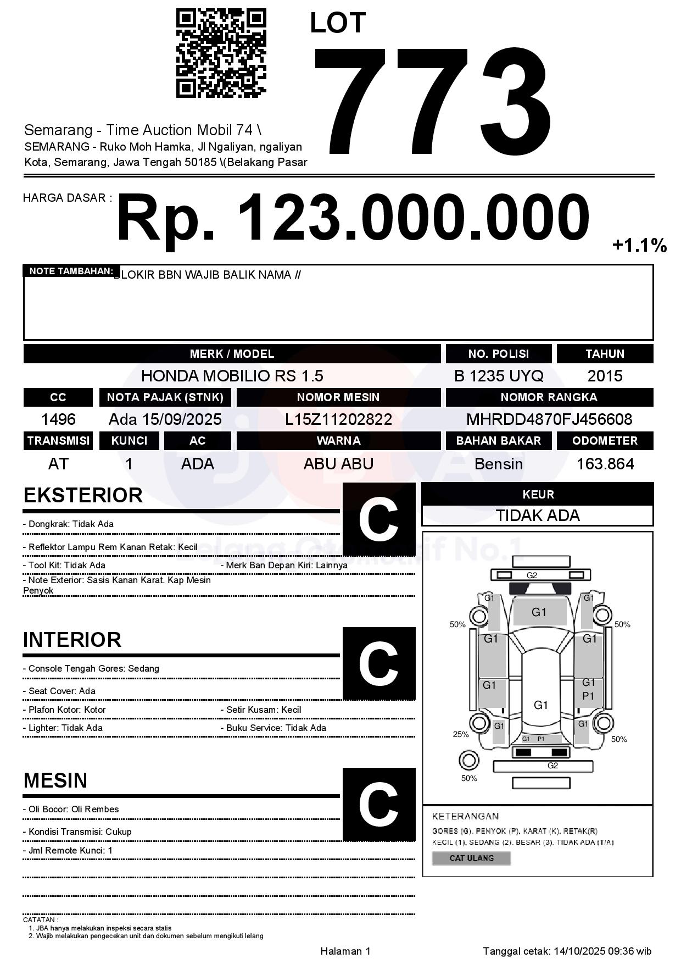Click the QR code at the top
[221, 53]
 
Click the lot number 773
[432, 100]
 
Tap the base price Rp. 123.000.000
[353, 218]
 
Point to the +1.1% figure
[639, 245]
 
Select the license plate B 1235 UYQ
[499, 376]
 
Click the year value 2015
[605, 376]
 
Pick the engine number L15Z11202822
[338, 420]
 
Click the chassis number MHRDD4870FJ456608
[549, 420]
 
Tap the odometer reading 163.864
[605, 464]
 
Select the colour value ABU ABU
[338, 464]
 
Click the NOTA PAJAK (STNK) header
[165, 397]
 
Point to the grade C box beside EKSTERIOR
[379, 519]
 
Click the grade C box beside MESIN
[379, 805]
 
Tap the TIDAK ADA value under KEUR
[538, 516]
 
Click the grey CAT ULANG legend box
[471, 858]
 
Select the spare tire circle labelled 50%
[468, 761]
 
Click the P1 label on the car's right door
[588, 696]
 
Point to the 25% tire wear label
[461, 734]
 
